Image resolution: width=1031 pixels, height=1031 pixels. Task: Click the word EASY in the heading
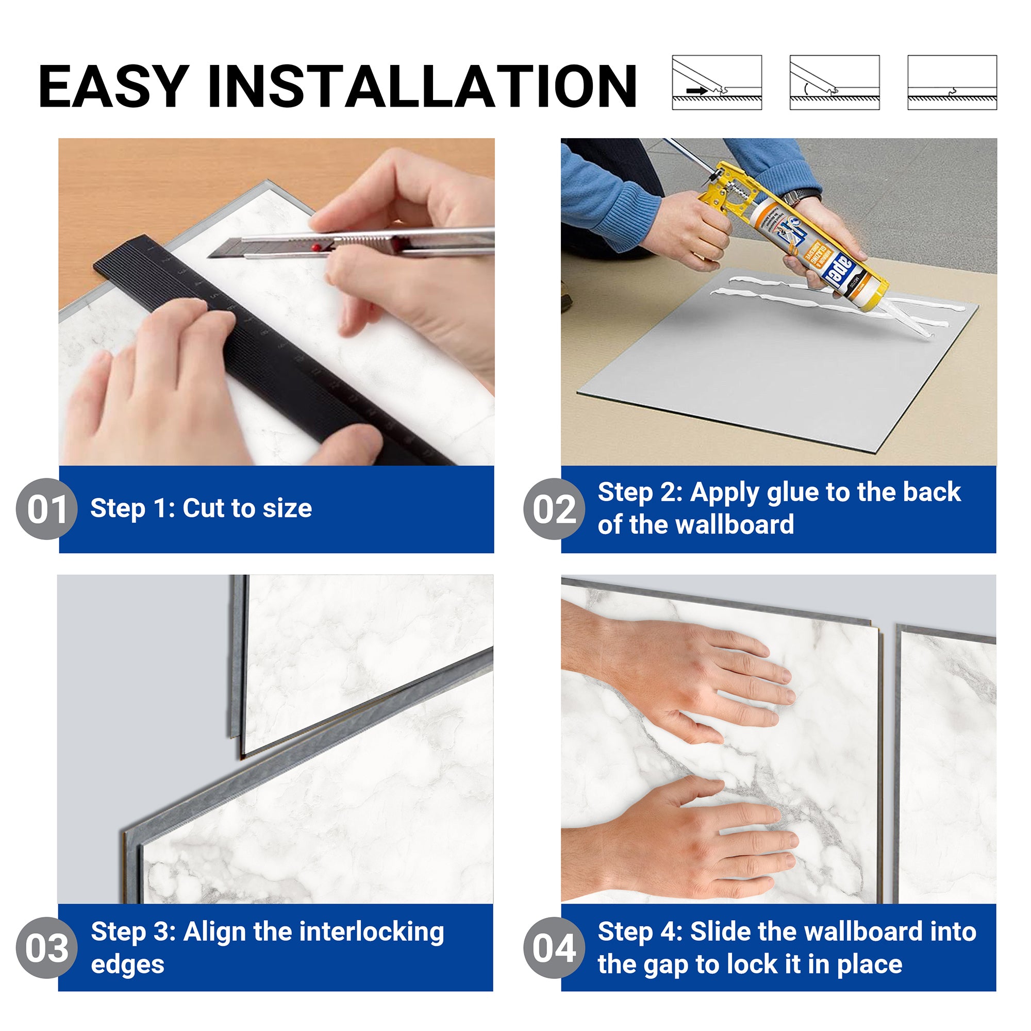pyautogui.click(x=113, y=86)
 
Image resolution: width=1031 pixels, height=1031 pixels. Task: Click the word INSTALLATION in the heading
pyautogui.click(x=422, y=86)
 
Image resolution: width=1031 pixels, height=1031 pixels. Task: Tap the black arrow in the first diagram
pyautogui.click(x=696, y=91)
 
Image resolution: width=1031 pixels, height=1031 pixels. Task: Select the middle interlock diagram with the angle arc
pyautogui.click(x=834, y=82)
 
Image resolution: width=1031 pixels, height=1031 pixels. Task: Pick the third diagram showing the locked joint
pyautogui.click(x=952, y=82)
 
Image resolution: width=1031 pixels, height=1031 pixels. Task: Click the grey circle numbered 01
pyautogui.click(x=47, y=509)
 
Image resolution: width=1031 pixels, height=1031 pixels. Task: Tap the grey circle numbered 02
pyautogui.click(x=554, y=509)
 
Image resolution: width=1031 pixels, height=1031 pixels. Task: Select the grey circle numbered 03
pyautogui.click(x=47, y=949)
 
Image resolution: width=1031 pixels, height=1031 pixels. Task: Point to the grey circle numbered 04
pyautogui.click(x=554, y=949)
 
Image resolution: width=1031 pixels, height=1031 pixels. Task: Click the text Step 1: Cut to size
pyautogui.click(x=201, y=508)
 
